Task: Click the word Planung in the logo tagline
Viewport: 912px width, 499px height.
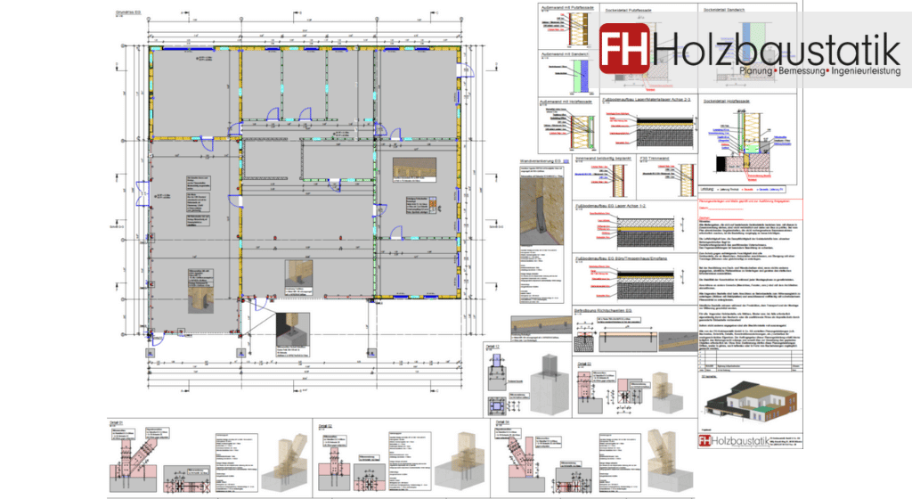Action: (758, 69)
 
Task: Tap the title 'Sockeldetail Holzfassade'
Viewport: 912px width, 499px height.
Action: (726, 102)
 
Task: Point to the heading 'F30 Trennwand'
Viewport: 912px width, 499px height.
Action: (655, 158)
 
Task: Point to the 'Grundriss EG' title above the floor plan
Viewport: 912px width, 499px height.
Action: (118, 14)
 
